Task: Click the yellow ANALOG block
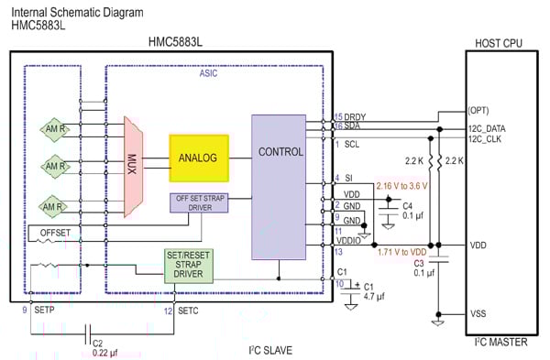(x=198, y=158)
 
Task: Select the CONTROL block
(x=280, y=152)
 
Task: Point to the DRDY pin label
(x=355, y=116)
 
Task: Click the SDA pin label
(x=352, y=126)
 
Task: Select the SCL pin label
(x=353, y=144)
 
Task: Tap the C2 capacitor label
(x=97, y=343)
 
